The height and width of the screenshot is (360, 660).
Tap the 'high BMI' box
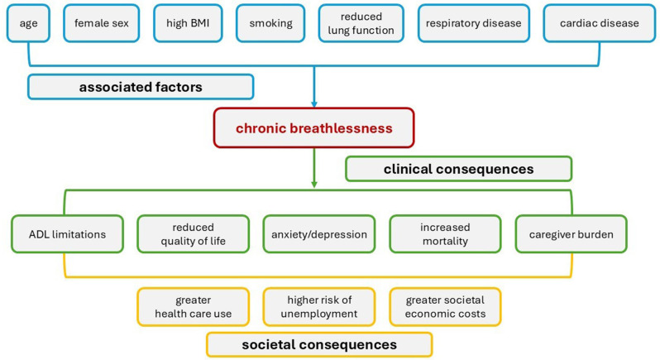coord(186,23)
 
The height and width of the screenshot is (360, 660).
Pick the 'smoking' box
coord(270,23)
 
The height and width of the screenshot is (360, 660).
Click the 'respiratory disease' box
coord(472,23)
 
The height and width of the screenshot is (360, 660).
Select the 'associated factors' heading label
coord(140,87)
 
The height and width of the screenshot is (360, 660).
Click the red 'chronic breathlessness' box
coord(313,129)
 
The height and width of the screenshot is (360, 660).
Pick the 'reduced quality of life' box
coord(193,234)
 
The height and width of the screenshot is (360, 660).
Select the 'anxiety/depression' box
coord(319,234)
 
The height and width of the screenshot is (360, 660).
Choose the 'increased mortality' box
coord(444,234)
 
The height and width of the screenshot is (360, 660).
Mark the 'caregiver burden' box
coord(571,234)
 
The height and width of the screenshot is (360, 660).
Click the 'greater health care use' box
coord(192,307)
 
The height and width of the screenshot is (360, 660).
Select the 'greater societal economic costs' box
coord(445,307)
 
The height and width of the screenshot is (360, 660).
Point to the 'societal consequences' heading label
coord(318,344)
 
